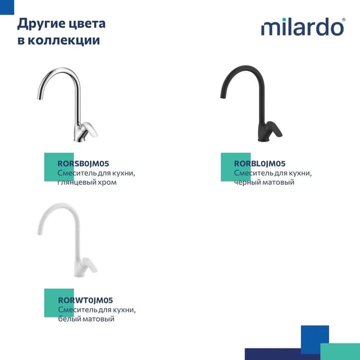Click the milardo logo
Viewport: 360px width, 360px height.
303,27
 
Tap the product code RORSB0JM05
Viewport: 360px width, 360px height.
83,164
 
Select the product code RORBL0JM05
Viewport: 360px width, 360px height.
260,164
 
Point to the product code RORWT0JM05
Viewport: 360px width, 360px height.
85,300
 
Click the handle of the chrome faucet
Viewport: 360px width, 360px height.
90,130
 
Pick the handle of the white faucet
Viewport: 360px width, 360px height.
90,266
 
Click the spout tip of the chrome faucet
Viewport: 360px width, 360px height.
39,98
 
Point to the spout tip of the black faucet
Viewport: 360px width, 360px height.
222,97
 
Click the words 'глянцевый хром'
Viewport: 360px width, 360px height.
87,182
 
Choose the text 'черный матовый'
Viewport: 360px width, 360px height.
264,182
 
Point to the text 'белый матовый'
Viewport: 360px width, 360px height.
86,319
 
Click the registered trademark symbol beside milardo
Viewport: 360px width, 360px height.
344,20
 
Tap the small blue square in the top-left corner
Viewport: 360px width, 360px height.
7,7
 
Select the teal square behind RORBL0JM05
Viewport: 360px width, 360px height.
236,167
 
